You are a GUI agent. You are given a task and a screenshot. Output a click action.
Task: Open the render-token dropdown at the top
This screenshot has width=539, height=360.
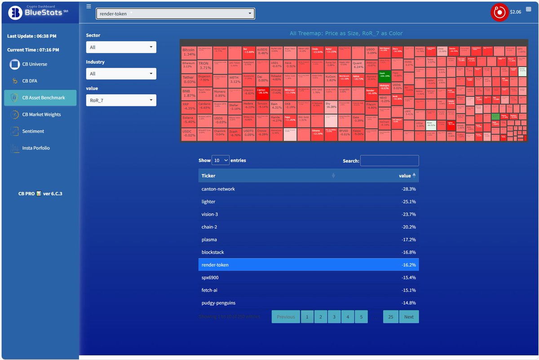[x=175, y=14]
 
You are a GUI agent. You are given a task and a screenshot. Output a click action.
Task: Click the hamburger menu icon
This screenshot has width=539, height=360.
[x=88, y=7]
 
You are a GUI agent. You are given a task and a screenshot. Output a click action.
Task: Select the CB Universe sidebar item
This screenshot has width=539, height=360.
[x=35, y=64]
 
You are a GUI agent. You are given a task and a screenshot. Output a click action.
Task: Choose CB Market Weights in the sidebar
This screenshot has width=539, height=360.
[x=41, y=114]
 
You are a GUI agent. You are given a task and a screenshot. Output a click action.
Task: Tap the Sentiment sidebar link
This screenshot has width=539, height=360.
[x=33, y=131]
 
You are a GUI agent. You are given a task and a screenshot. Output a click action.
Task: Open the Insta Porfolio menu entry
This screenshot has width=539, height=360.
[x=36, y=148]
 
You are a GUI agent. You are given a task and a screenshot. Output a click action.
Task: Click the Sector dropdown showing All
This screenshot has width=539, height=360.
[x=121, y=47]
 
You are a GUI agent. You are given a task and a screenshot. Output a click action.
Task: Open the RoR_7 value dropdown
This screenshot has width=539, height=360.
[x=121, y=100]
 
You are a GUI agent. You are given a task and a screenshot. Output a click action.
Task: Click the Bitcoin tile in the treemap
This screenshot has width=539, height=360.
[x=189, y=52]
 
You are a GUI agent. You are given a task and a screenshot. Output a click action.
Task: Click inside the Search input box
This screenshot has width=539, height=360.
[x=389, y=161]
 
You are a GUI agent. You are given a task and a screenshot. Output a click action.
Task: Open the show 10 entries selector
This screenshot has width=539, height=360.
[x=220, y=160]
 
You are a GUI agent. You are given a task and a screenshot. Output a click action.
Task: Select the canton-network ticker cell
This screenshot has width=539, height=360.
[x=218, y=189]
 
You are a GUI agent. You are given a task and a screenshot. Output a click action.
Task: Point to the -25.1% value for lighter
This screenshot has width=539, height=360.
[x=408, y=202]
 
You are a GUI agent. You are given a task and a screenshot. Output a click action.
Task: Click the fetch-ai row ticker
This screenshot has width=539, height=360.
[x=210, y=290]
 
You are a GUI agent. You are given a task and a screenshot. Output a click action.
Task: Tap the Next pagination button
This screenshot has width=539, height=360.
[x=409, y=316]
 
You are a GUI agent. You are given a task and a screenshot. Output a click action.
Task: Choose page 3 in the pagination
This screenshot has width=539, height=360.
[x=334, y=316]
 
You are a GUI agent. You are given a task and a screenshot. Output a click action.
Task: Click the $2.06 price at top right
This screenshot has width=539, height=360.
[x=515, y=12]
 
